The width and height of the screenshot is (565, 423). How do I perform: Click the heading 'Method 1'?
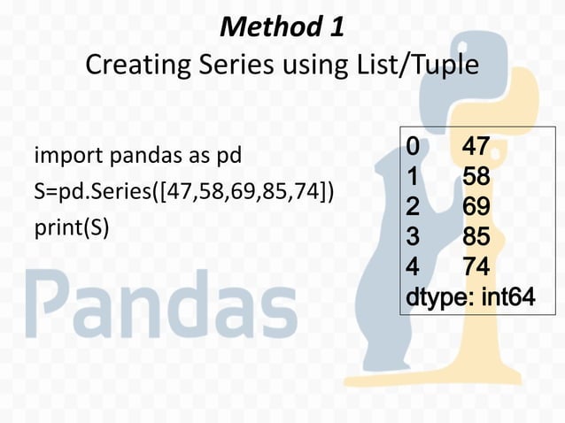282,27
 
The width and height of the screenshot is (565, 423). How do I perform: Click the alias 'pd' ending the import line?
228,157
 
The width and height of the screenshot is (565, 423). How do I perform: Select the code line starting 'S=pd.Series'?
183,192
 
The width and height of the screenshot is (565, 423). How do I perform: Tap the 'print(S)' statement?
71,227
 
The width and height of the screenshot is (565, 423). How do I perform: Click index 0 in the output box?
413,147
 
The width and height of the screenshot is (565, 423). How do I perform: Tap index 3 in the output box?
413,237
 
